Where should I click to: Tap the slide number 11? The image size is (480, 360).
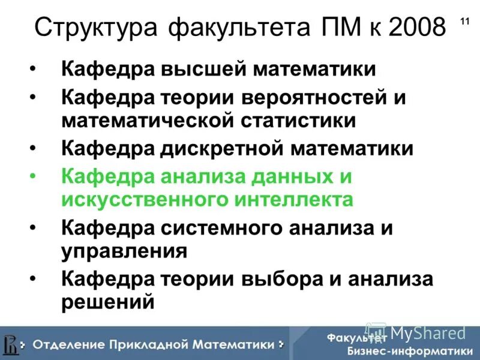click(x=464, y=22)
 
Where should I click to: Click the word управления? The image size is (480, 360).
click(x=124, y=250)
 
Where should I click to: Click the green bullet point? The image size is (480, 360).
click(x=34, y=177)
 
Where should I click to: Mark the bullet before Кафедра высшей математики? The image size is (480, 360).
click(x=34, y=69)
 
